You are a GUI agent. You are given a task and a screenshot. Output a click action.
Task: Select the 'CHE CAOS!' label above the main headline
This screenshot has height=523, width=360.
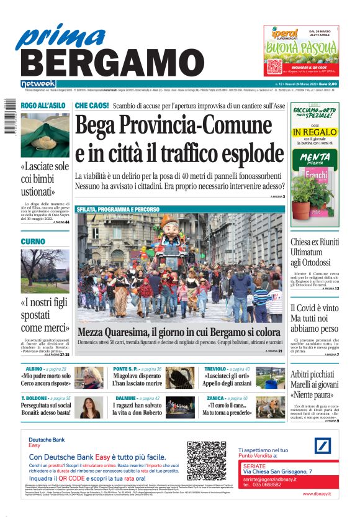point(92,106)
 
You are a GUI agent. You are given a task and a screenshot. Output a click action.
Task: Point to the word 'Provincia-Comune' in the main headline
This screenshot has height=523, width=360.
point(205,126)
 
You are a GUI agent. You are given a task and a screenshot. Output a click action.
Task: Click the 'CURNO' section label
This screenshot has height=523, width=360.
point(32,241)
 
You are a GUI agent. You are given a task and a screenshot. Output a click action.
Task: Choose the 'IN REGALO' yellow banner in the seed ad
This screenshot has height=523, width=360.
point(315,132)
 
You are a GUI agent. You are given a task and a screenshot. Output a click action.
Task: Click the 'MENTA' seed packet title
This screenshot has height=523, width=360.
point(315,158)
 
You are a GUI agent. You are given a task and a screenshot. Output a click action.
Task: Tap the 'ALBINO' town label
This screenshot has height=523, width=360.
point(30,369)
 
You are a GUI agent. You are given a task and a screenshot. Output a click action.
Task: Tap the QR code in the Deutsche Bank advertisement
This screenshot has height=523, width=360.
point(207,460)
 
